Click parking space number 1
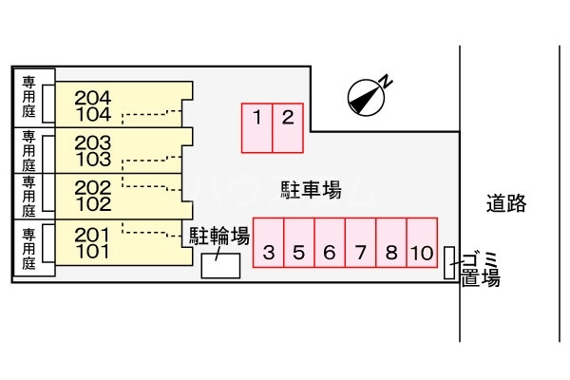pyautogui.click(x=257, y=127)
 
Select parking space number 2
pyautogui.click(x=288, y=127)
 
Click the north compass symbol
pyautogui.click(x=368, y=93)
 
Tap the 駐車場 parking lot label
pyautogui.click(x=312, y=190)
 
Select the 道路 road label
pyautogui.click(x=504, y=202)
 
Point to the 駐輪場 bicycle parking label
pyautogui.click(x=218, y=235)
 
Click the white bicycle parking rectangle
pyautogui.click(x=221, y=265)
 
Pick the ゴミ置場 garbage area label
pyautogui.click(x=481, y=268)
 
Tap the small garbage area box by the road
pyautogui.click(x=449, y=263)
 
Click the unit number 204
pyautogui.click(x=92, y=97)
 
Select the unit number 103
pyautogui.click(x=92, y=159)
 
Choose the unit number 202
pyautogui.click(x=92, y=187)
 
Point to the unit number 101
pyautogui.click(x=92, y=252)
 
